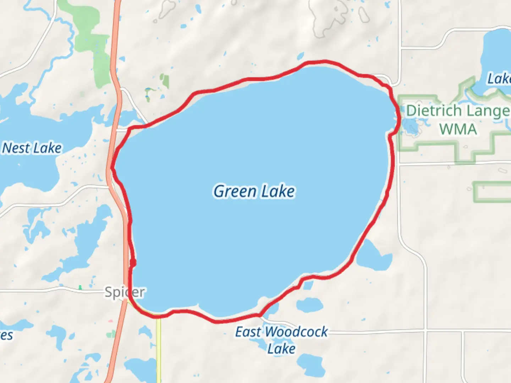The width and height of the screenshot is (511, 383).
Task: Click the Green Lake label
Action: click(x=254, y=191)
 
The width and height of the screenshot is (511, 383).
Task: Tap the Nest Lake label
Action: click(x=32, y=148)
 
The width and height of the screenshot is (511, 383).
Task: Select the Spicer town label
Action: click(x=125, y=292)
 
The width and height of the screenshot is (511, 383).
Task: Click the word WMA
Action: click(x=458, y=129)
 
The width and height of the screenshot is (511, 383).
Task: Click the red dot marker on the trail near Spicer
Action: click(x=133, y=262)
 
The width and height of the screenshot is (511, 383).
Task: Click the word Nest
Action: click(x=16, y=148)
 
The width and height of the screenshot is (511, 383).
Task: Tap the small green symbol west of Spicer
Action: click(x=80, y=287)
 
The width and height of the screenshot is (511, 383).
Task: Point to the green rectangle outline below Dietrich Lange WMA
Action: click(x=491, y=192)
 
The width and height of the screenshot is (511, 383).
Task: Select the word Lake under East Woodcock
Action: click(x=281, y=349)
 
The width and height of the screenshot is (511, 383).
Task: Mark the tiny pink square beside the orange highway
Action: click(x=111, y=321)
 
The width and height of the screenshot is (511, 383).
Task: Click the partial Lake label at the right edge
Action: click(x=499, y=79)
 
